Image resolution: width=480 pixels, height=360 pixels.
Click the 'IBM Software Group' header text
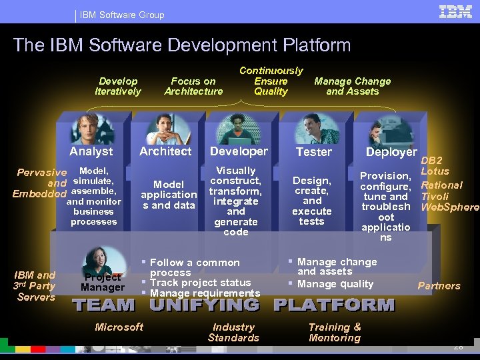pyautogui.click(x=122, y=15)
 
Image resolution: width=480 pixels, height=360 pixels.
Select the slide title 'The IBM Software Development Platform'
pyautogui.click(x=182, y=45)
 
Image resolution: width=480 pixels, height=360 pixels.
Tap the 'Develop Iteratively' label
pyautogui.click(x=118, y=87)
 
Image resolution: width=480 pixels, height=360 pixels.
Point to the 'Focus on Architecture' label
pyautogui.click(x=193, y=87)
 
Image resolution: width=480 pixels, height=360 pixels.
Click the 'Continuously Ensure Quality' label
pyautogui.click(x=271, y=81)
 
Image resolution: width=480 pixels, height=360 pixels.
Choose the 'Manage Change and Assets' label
pyautogui.click(x=352, y=87)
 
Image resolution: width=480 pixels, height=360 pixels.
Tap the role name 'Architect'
pyautogui.click(x=165, y=151)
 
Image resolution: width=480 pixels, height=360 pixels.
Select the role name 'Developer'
pyautogui.click(x=239, y=151)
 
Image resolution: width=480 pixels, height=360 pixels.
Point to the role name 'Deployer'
pyautogui.click(x=391, y=152)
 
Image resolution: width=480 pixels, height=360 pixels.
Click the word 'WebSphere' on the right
pyautogui.click(x=450, y=207)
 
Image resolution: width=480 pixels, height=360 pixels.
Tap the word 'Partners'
pyautogui.click(x=439, y=286)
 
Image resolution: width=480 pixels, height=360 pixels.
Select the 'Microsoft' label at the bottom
pyautogui.click(x=119, y=327)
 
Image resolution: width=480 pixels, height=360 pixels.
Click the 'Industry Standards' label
pyautogui.click(x=233, y=332)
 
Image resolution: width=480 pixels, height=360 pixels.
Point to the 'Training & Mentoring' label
pyautogui.click(x=335, y=332)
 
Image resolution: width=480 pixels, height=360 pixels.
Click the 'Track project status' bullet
pyautogui.click(x=200, y=283)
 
